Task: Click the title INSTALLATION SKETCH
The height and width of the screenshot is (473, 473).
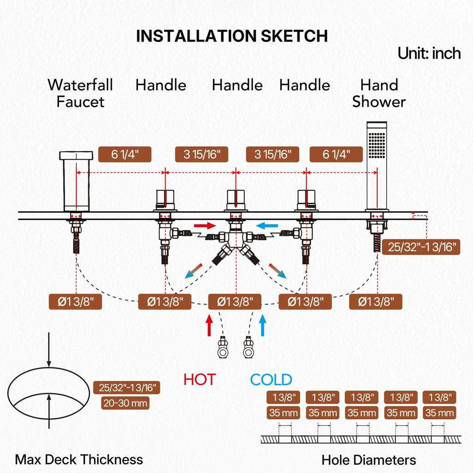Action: [x=232, y=36]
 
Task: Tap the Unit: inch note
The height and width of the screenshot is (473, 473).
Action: [x=429, y=54]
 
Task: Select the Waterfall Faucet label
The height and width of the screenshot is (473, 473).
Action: [x=80, y=93]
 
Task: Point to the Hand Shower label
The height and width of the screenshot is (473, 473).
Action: [x=379, y=93]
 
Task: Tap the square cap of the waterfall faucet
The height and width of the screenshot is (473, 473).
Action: [x=76, y=155]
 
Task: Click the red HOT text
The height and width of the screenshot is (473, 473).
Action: [x=200, y=380]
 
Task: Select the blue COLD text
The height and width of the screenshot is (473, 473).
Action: [x=271, y=380]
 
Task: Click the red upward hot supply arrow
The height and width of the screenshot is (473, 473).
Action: [x=209, y=325]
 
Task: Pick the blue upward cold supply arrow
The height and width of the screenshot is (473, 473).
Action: [x=263, y=325]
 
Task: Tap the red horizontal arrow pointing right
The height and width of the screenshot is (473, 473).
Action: [x=205, y=225]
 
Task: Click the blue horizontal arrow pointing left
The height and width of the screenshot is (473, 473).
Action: [x=267, y=225]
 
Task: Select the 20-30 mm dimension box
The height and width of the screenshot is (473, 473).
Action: [x=125, y=403]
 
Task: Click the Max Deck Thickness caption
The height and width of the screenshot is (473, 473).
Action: [x=79, y=460]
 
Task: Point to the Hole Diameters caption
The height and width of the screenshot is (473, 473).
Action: [x=369, y=460]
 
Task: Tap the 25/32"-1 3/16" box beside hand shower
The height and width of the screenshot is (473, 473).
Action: [x=421, y=247]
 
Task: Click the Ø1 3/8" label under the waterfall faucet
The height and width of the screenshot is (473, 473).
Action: [x=75, y=302]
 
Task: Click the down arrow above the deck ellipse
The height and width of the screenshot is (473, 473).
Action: [x=49, y=350]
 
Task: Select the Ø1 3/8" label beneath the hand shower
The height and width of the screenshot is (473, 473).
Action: [x=376, y=302]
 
